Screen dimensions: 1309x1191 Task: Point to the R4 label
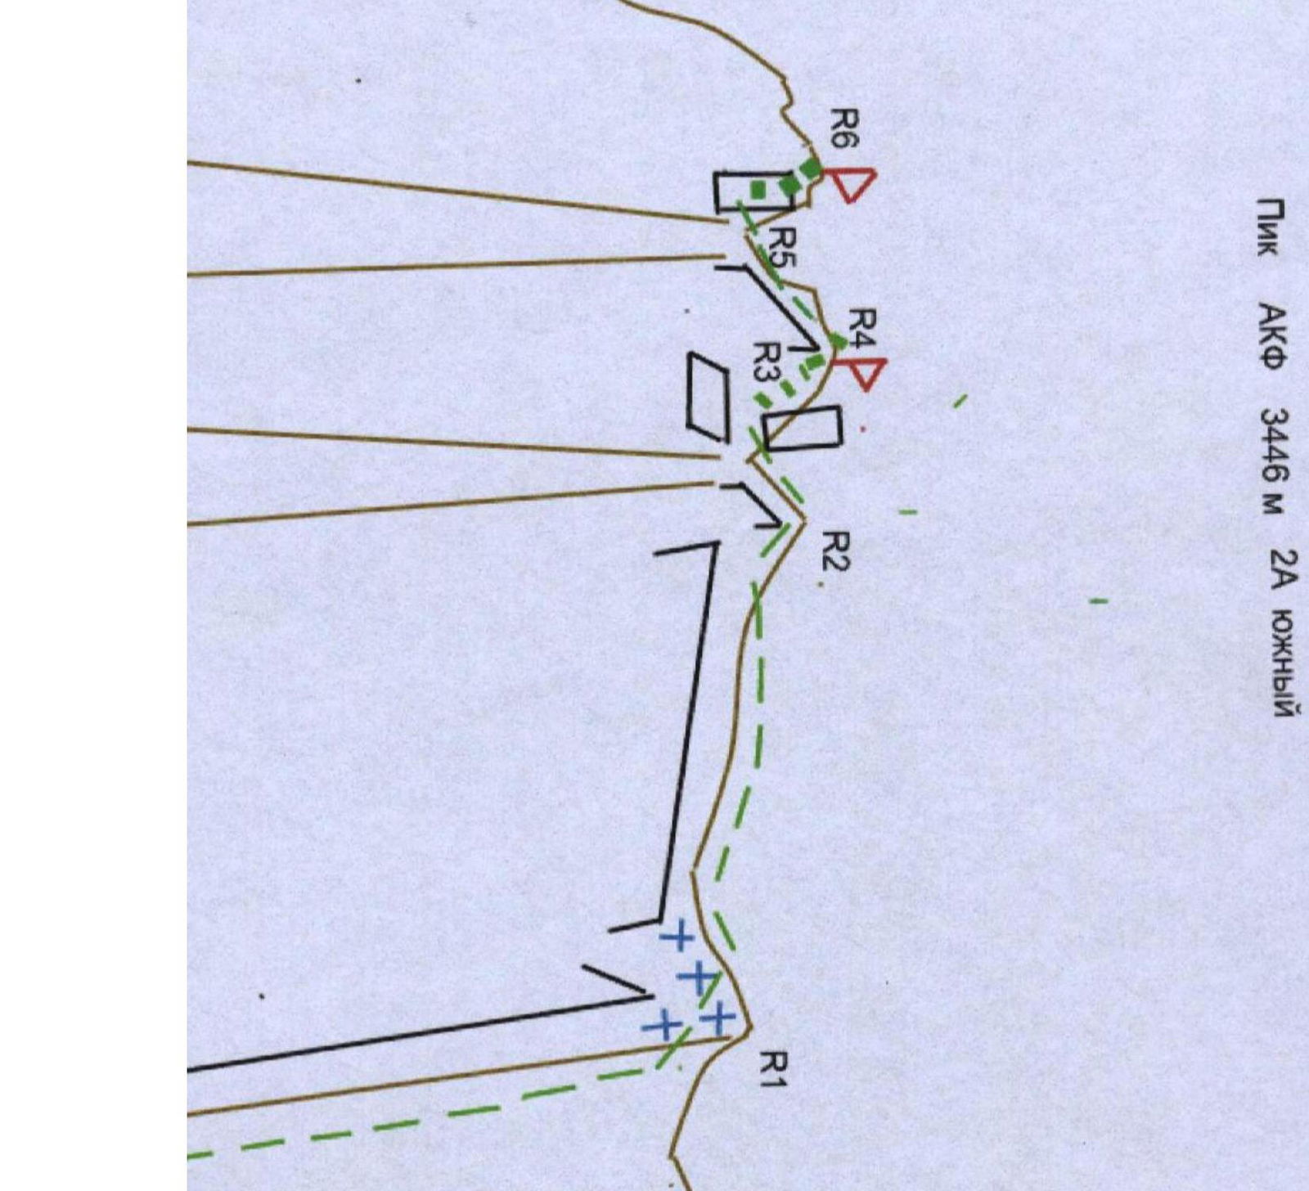(x=862, y=329)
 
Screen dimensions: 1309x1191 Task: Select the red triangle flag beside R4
(x=861, y=373)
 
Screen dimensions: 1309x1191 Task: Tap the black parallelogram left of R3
(x=708, y=393)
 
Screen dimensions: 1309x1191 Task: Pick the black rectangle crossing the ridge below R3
(x=801, y=428)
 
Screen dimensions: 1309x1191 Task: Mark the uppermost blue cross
(x=677, y=937)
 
